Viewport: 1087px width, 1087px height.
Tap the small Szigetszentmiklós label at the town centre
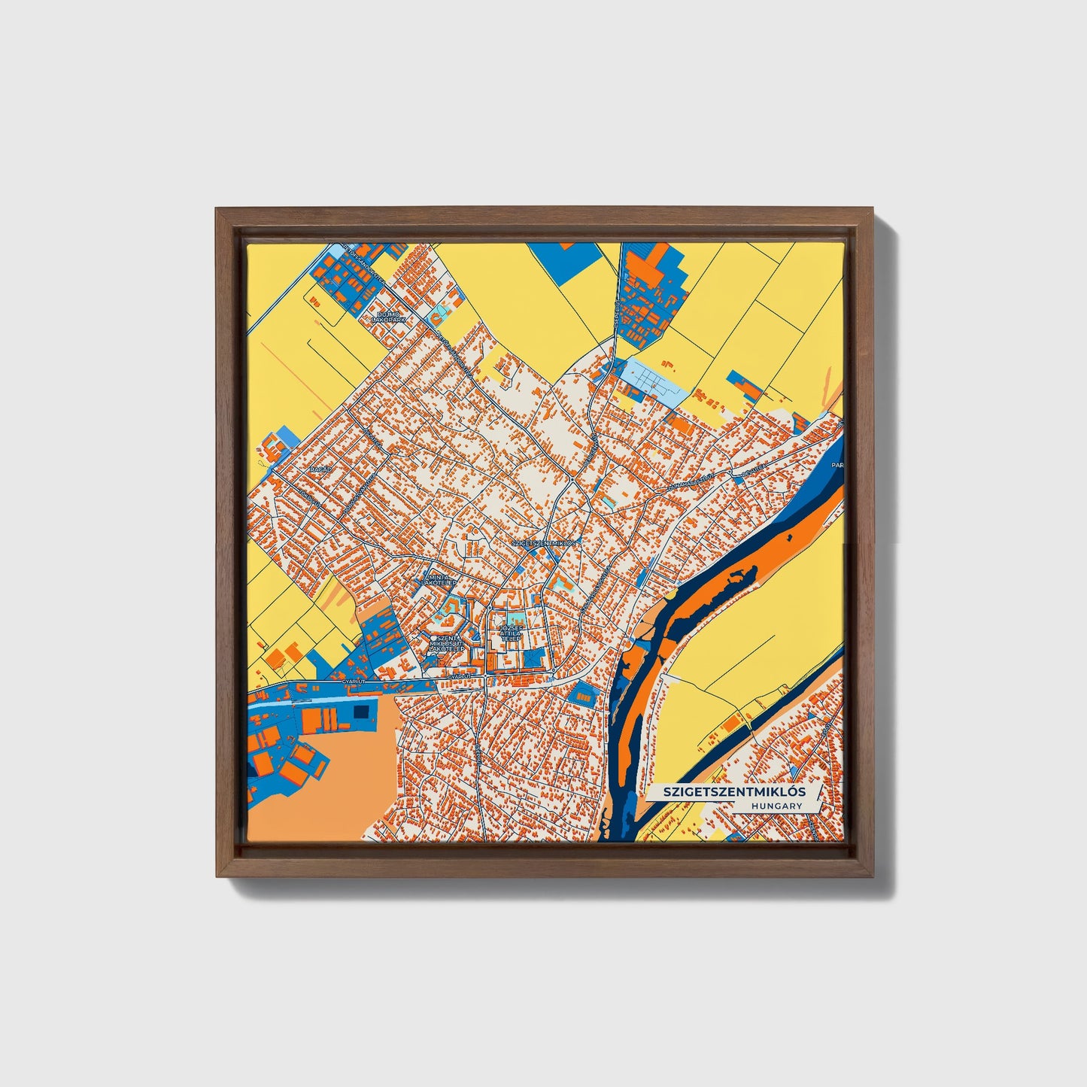click(x=543, y=542)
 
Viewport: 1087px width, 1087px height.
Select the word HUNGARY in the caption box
click(x=776, y=806)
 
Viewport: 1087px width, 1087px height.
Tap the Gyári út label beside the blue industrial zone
click(x=353, y=680)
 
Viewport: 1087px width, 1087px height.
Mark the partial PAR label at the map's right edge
click(x=837, y=466)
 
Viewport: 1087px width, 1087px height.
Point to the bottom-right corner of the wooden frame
click(x=873, y=876)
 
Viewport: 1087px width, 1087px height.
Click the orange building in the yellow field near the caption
click(x=730, y=724)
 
